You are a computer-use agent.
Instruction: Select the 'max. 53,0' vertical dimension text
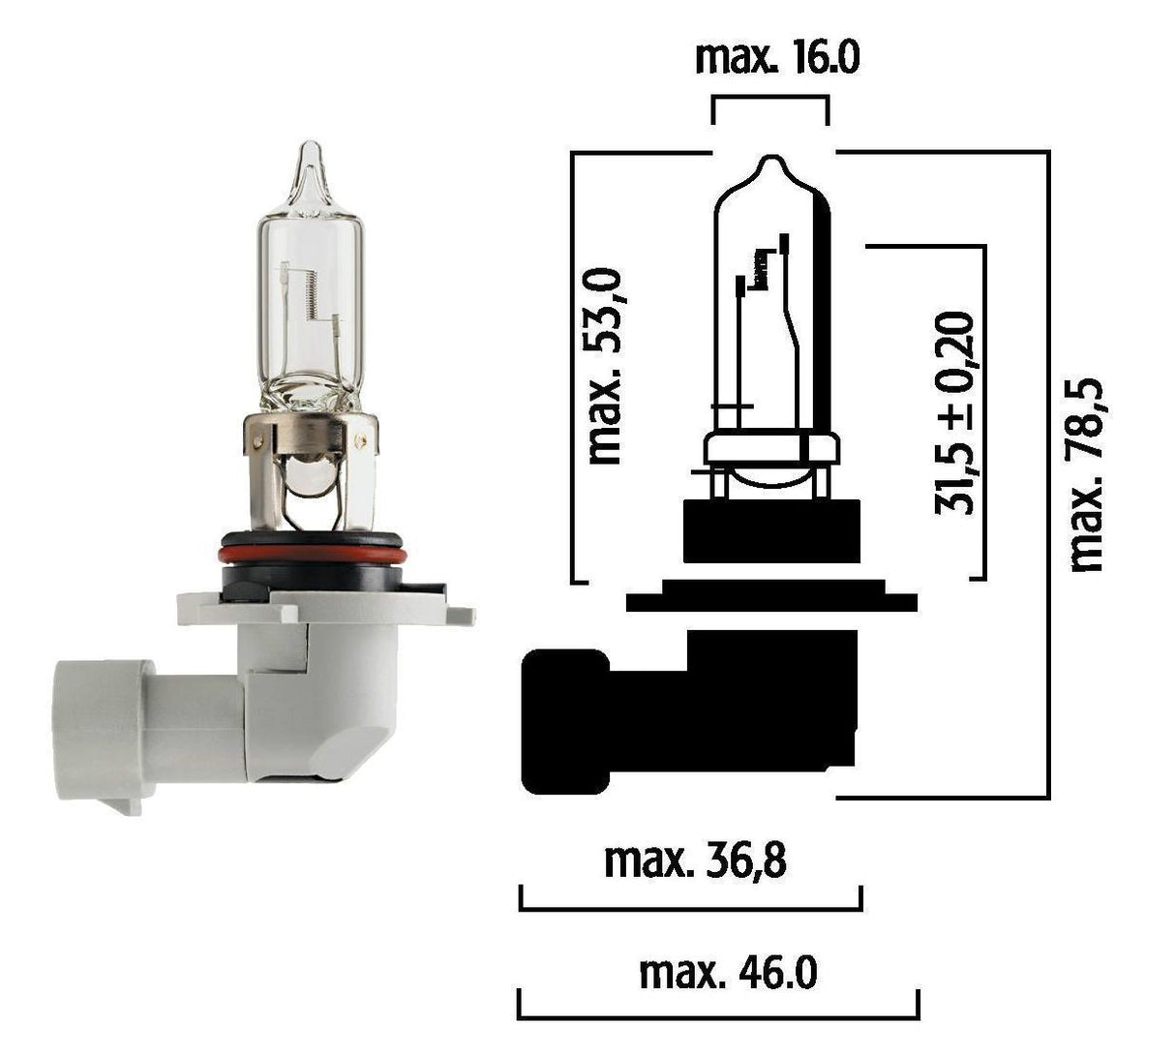coord(605,368)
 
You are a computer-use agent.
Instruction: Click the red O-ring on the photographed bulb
coord(310,554)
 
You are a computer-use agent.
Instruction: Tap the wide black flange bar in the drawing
coord(771,602)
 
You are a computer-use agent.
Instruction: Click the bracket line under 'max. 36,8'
coord(690,908)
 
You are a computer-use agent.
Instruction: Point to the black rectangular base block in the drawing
coord(771,530)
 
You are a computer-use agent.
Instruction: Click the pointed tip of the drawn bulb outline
coord(771,160)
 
